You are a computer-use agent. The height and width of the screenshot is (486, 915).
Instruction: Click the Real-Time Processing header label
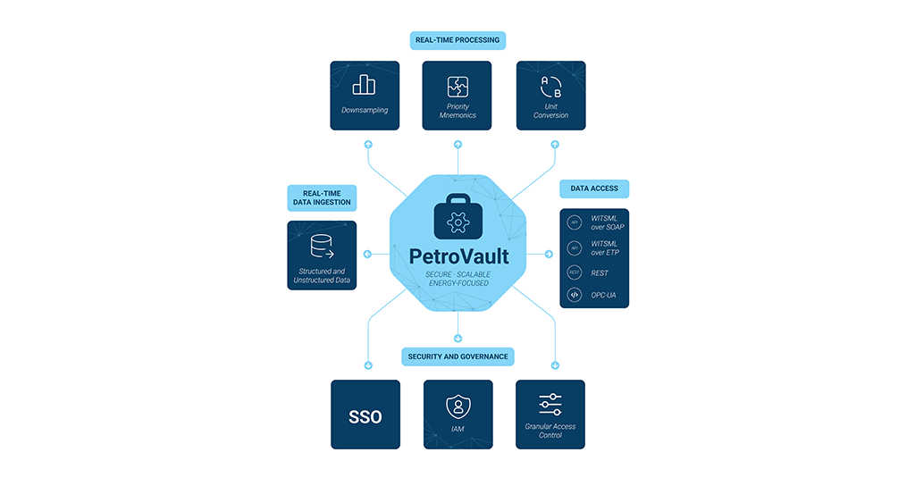[458, 40]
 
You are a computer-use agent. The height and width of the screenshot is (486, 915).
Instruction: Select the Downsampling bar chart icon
[365, 85]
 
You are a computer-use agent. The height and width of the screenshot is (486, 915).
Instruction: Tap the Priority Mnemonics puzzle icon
[457, 87]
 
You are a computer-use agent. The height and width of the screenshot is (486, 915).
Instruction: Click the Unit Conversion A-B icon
[550, 87]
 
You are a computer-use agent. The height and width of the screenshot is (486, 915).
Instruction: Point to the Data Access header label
[594, 189]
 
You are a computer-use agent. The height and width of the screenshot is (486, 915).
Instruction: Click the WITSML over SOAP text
[608, 222]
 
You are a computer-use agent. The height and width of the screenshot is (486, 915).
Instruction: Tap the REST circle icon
[575, 273]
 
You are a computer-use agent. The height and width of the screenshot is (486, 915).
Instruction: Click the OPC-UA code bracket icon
[575, 294]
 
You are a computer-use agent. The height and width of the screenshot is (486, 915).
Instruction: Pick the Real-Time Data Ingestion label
[322, 197]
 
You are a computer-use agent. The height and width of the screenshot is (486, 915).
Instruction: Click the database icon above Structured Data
[322, 246]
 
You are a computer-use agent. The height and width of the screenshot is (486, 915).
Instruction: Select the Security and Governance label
[457, 356]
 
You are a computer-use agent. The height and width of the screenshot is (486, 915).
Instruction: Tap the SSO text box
[365, 416]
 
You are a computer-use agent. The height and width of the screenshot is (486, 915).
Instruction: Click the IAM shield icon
[457, 407]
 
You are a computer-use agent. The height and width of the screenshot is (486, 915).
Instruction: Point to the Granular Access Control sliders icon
[550, 404]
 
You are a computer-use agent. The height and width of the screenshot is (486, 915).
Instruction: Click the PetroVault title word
[458, 256]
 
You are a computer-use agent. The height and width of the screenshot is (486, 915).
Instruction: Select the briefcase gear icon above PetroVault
[457, 218]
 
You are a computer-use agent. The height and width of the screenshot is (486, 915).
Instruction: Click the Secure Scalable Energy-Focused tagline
[457, 279]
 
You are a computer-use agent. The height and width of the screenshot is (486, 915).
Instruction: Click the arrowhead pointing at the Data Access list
[550, 255]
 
